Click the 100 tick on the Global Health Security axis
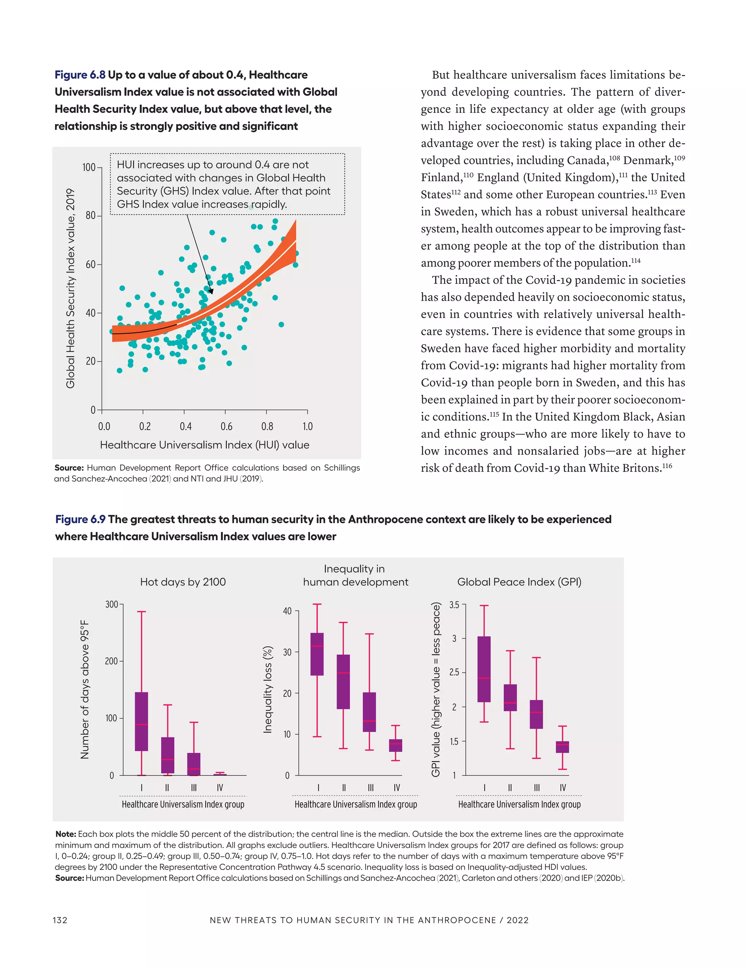(89, 167)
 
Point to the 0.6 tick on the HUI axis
(226, 426)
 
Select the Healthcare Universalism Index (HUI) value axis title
(205, 445)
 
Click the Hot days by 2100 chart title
(183, 582)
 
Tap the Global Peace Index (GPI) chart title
(519, 582)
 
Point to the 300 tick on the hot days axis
(111, 604)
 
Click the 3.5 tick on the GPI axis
(454, 605)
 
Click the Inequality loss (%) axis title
(267, 689)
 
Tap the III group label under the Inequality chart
(371, 788)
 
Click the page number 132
(60, 920)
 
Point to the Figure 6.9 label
(80, 519)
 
